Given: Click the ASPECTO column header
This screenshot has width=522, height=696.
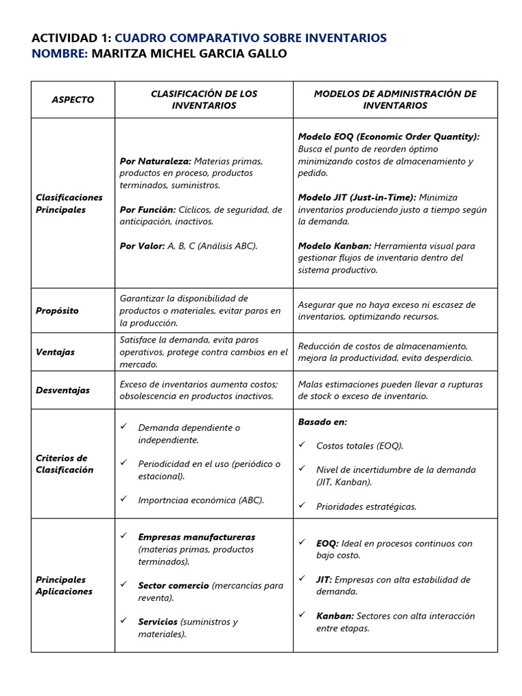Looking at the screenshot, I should point(73,100).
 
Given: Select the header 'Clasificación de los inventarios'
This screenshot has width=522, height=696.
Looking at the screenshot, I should point(204,99).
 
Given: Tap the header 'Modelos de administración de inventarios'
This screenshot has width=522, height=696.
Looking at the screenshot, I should point(395,99).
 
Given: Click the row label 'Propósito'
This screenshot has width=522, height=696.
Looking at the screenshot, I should point(57,311).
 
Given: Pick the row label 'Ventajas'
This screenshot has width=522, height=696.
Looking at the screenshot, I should point(55,352).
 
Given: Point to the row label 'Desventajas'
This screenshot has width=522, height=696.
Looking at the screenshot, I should point(63,390).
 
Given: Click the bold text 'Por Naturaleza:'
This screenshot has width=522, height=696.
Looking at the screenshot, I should point(155,161).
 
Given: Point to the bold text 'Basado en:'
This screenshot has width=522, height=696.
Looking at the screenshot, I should point(322,422).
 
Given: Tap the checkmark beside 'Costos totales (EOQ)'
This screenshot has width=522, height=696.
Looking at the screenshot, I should point(302,445).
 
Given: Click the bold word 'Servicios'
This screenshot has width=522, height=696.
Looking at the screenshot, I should point(158,622).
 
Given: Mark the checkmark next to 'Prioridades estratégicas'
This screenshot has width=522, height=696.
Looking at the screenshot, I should point(302,505).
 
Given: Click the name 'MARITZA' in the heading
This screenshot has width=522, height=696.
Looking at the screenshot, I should point(116,54).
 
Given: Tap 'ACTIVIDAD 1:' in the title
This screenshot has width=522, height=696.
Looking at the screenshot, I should point(71,38).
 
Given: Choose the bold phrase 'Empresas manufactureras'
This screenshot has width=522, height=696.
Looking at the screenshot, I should point(196,537).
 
